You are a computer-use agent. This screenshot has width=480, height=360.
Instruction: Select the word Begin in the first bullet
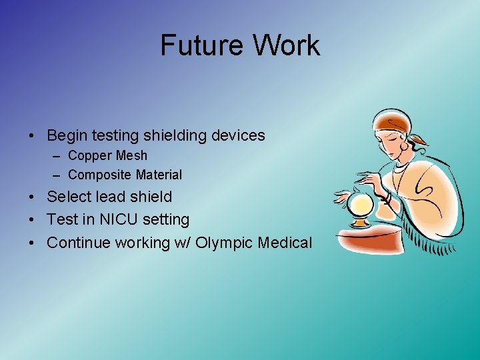coord(67,135)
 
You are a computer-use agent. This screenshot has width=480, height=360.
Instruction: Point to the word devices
coord(238,135)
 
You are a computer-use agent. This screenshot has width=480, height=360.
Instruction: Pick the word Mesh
coord(132,155)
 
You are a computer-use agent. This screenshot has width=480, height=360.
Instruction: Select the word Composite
coord(99,175)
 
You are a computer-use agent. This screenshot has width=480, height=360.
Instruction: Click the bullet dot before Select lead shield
coord(32,197)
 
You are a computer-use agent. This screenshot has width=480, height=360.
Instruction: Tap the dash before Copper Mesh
coord(57,156)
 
